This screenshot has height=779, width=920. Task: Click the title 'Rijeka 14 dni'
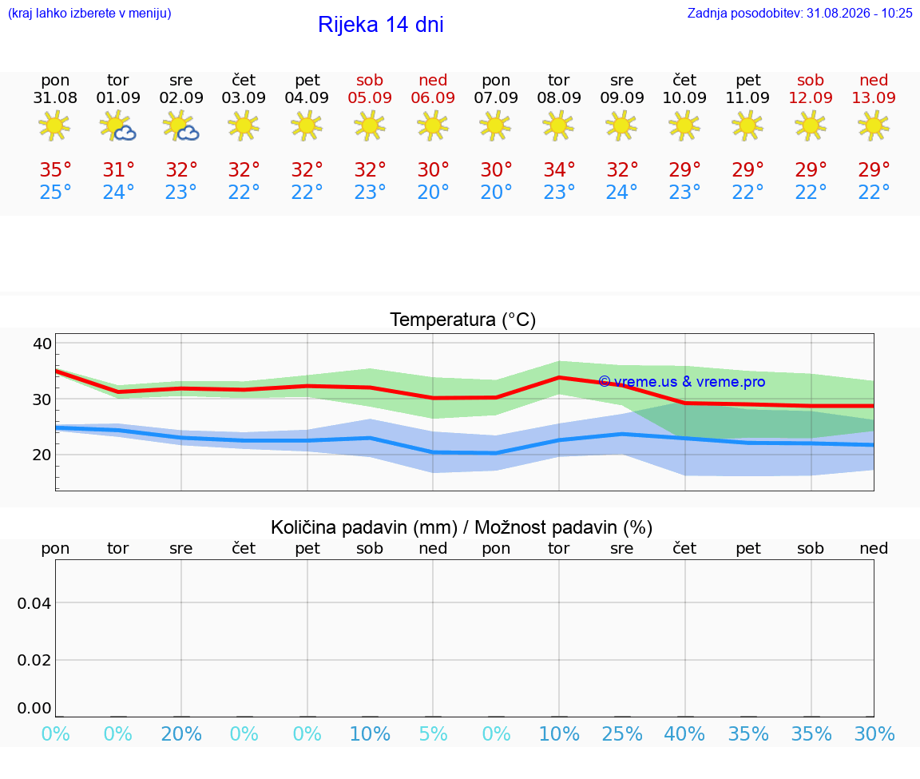pyautogui.click(x=381, y=25)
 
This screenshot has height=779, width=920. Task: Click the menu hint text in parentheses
pyautogui.click(x=89, y=13)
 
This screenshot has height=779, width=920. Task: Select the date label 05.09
pyautogui.click(x=370, y=97)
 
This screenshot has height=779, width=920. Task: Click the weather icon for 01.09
pyautogui.click(x=117, y=125)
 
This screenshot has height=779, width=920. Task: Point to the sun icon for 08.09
pyautogui.click(x=558, y=125)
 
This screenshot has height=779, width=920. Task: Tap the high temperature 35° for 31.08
pyautogui.click(x=55, y=169)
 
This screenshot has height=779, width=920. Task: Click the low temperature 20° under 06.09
pyautogui.click(x=433, y=192)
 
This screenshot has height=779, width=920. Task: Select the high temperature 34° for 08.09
pyautogui.click(x=558, y=169)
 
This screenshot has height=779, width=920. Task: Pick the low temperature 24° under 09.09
pyautogui.click(x=621, y=192)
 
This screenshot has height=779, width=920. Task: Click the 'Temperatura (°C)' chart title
pyautogui.click(x=463, y=320)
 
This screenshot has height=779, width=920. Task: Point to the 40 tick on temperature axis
pyautogui.click(x=42, y=344)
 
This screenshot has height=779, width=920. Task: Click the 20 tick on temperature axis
pyautogui.click(x=42, y=455)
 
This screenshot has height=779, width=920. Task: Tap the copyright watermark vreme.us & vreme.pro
pyautogui.click(x=682, y=382)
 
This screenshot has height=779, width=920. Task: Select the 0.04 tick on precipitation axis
pyautogui.click(x=34, y=603)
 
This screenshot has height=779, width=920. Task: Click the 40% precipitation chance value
pyautogui.click(x=684, y=733)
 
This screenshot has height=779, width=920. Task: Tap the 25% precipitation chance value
pyautogui.click(x=622, y=733)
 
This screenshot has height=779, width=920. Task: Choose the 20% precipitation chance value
pyautogui.click(x=180, y=733)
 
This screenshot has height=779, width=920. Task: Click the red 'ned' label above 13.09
pyautogui.click(x=874, y=80)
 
